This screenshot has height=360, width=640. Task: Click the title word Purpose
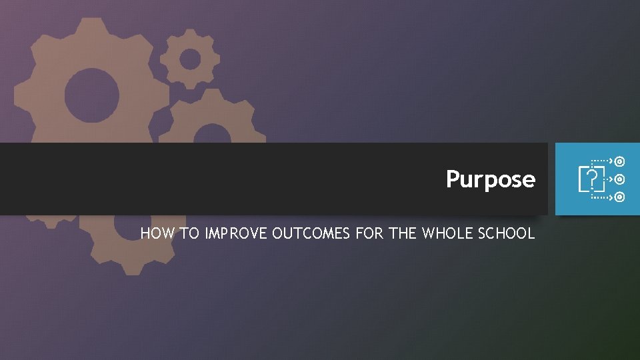(x=490, y=179)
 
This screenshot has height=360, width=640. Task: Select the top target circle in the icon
(x=620, y=161)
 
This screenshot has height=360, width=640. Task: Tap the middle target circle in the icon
(x=620, y=179)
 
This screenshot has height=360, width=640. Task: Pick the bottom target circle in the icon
(x=620, y=197)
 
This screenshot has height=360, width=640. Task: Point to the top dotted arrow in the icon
(x=603, y=161)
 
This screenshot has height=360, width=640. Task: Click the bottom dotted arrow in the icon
(x=603, y=197)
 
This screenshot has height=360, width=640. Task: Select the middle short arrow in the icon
(x=609, y=179)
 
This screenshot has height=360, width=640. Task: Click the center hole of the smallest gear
(x=190, y=59)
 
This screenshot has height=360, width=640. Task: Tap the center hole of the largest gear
(x=92, y=94)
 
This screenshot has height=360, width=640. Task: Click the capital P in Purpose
(x=453, y=179)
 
